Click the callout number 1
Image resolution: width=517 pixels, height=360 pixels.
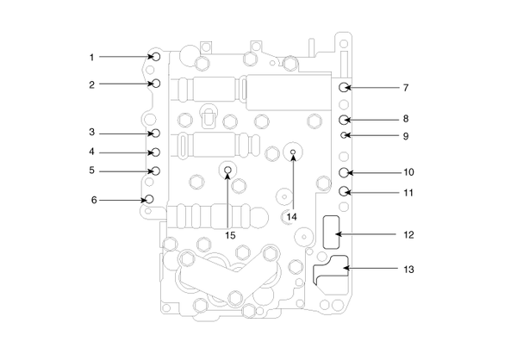[91, 58]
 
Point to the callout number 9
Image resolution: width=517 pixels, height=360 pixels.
[405, 136]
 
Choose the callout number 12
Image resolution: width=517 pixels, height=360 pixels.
[409, 234]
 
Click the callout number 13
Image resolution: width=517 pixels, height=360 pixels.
[409, 270]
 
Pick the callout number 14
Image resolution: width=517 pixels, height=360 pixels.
[291, 216]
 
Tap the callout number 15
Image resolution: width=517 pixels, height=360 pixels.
[230, 234]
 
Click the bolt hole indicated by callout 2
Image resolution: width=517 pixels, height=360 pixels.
[156, 84]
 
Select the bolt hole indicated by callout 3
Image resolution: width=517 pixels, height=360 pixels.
[156, 133]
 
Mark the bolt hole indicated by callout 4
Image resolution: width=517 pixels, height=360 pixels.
[156, 152]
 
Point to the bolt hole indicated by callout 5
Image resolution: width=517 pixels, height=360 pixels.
[156, 170]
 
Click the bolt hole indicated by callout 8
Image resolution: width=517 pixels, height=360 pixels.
[344, 119]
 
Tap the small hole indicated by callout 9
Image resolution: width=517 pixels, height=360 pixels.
[344, 136]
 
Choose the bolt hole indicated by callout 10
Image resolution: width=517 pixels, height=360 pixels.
[344, 173]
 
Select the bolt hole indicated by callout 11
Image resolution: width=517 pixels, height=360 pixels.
[344, 191]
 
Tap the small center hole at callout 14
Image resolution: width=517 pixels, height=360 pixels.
[293, 153]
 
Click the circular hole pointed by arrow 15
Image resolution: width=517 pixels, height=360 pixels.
[227, 170]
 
